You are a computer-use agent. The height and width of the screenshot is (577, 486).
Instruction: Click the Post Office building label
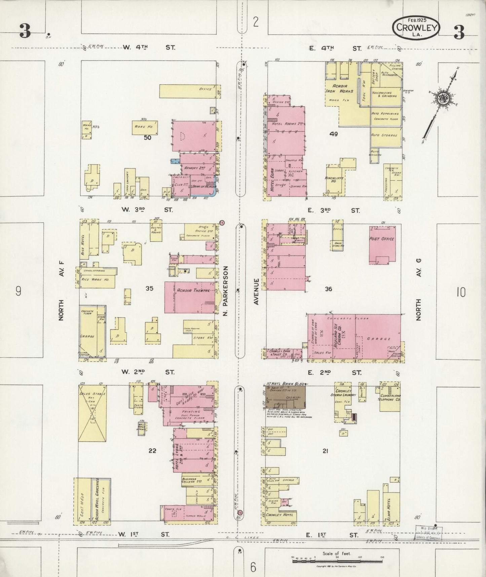point(381,239)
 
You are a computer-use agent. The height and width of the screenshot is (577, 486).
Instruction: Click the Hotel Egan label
point(272,180)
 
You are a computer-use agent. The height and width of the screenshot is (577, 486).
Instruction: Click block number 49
point(333,134)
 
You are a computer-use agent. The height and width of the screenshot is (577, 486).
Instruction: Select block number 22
point(152,450)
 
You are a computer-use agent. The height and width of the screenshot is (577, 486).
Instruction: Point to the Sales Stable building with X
point(92,413)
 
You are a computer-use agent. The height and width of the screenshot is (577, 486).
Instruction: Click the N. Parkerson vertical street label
point(226,291)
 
